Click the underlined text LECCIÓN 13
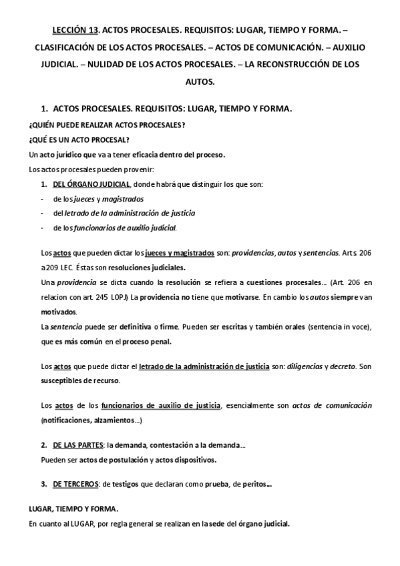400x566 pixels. (x=75, y=30)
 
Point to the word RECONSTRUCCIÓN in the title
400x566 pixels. (x=287, y=65)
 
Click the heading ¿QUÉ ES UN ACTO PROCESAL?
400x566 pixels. (x=79, y=139)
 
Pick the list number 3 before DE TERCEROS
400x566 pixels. (x=43, y=483)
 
